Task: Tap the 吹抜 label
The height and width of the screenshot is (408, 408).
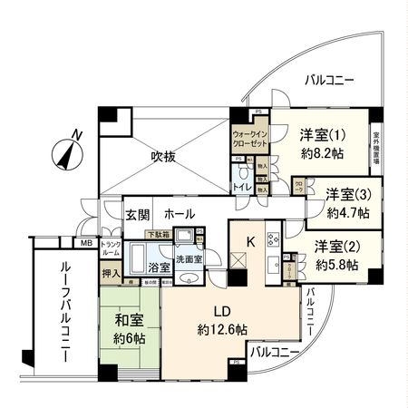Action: (x=164, y=156)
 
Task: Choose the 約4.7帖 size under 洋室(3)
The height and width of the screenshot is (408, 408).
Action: (x=350, y=213)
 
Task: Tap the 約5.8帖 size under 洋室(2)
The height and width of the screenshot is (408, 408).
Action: (x=336, y=265)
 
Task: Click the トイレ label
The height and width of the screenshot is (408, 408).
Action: (x=242, y=187)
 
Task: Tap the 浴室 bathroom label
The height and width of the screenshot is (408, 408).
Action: (x=160, y=269)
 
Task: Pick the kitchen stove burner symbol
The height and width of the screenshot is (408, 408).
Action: (x=273, y=240)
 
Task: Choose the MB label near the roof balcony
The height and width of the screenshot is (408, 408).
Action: (x=86, y=244)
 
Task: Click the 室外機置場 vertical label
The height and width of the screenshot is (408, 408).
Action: (x=375, y=148)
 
